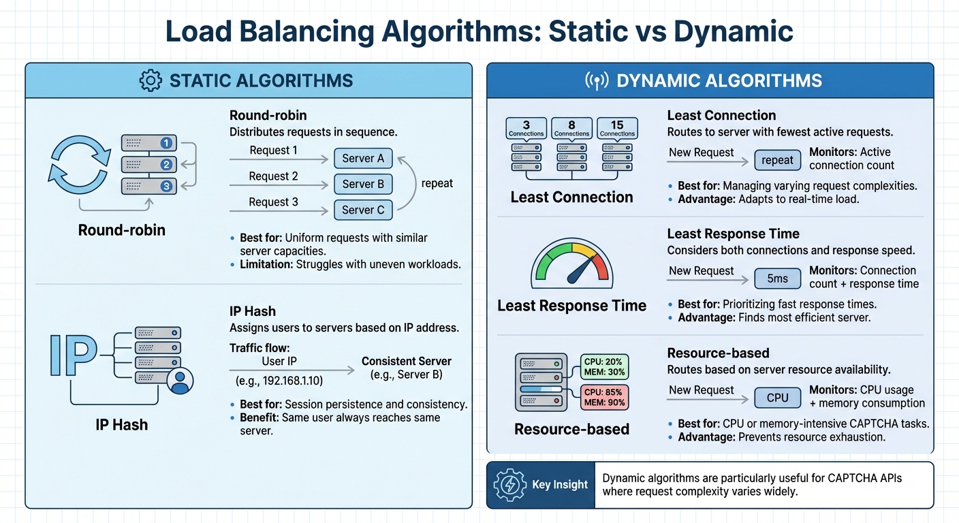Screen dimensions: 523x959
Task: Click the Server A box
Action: tap(363, 159)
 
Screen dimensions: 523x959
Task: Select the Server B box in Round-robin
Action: tap(363, 185)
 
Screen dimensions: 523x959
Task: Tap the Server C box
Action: tap(363, 210)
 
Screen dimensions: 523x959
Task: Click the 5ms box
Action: tap(777, 279)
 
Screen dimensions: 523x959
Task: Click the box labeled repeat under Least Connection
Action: tap(777, 161)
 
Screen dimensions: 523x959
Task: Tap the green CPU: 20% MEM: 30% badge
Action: tap(604, 366)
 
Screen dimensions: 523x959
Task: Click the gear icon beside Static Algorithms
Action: tap(151, 80)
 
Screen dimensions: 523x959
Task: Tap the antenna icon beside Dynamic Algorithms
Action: tap(597, 81)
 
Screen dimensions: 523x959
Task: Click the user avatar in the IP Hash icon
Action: tap(180, 381)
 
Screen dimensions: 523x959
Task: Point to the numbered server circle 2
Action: tap(166, 164)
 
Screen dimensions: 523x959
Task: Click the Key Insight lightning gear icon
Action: tap(509, 485)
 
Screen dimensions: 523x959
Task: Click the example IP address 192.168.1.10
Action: tap(279, 380)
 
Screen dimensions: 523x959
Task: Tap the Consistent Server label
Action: tap(406, 362)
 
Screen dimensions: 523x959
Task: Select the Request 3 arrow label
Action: tap(273, 202)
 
